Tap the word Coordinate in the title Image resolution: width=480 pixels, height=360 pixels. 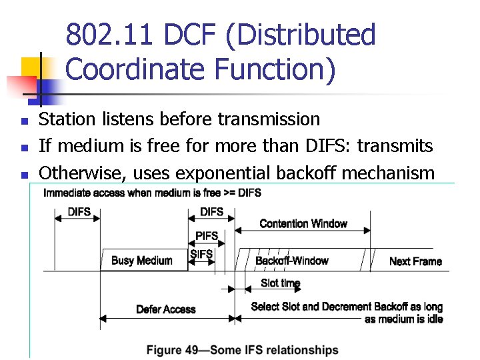[136, 69]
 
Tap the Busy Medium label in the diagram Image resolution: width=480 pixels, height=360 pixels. [141, 261]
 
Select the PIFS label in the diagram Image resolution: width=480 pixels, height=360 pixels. [207, 237]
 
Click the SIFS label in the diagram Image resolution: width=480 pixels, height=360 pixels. [201, 254]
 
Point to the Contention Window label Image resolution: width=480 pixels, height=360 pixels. [303, 223]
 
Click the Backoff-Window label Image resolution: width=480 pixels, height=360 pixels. [292, 261]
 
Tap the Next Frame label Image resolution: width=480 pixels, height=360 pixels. [415, 261]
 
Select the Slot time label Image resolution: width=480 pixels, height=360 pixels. [281, 283]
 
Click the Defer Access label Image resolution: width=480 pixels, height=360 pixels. [165, 309]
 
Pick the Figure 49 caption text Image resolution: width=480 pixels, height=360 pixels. [242, 350]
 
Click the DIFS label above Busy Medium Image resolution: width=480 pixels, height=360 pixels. [79, 212]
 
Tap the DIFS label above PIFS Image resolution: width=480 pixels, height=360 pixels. [211, 212]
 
